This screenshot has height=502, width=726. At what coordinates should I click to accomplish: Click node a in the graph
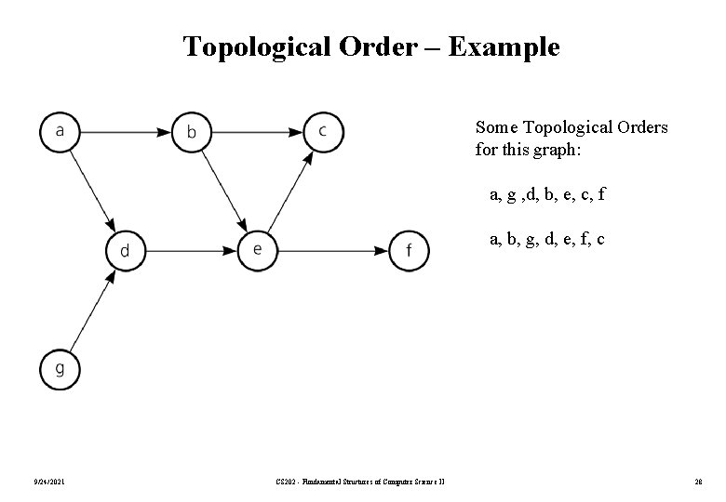(x=60, y=129)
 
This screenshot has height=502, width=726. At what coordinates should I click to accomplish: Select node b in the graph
(x=192, y=130)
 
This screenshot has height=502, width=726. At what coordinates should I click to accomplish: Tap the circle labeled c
(x=323, y=129)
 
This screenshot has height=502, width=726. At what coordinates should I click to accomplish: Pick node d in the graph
(x=125, y=250)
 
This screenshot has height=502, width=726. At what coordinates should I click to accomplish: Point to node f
(x=410, y=250)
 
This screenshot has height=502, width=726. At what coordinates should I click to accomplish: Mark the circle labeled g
(x=60, y=369)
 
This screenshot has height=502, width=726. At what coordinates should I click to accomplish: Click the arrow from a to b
(x=126, y=129)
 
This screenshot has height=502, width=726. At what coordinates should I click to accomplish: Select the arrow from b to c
(x=257, y=129)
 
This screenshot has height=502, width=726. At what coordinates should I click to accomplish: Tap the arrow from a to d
(x=92, y=190)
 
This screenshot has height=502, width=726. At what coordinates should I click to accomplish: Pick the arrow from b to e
(x=224, y=190)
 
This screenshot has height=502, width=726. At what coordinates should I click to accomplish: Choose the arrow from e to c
(x=290, y=190)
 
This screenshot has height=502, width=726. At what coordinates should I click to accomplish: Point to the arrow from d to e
(x=191, y=250)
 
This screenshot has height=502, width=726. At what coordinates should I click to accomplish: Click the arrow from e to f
(x=333, y=250)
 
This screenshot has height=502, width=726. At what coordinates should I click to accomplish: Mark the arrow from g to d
(x=92, y=310)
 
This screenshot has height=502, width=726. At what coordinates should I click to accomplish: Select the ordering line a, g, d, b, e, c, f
(x=547, y=195)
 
